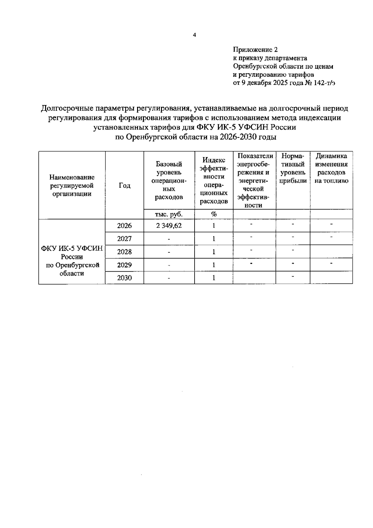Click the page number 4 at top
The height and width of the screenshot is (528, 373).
click(195, 35)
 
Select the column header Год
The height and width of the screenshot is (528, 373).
click(124, 186)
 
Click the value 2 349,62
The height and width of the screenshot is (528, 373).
click(169, 226)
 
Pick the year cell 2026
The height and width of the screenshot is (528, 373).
click(124, 226)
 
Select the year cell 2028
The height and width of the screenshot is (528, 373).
click(124, 252)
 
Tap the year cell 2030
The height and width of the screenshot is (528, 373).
click(124, 278)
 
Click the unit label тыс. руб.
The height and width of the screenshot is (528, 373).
click(169, 214)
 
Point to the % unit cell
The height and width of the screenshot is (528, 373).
click(214, 214)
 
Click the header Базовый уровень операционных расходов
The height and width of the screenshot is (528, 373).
click(169, 180)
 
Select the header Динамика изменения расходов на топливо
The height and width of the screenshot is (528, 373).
click(331, 168)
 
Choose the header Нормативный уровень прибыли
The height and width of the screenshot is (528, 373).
click(293, 168)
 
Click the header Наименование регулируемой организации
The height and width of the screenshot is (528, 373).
click(72, 186)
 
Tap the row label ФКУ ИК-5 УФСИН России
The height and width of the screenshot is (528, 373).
click(72, 253)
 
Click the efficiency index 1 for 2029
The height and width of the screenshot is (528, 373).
click(214, 265)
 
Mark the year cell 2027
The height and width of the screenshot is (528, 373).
click(124, 239)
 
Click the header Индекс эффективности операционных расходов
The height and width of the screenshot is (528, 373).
click(214, 180)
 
